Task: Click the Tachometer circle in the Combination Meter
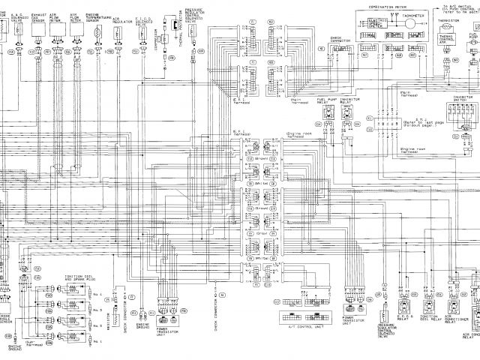[410, 23]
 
